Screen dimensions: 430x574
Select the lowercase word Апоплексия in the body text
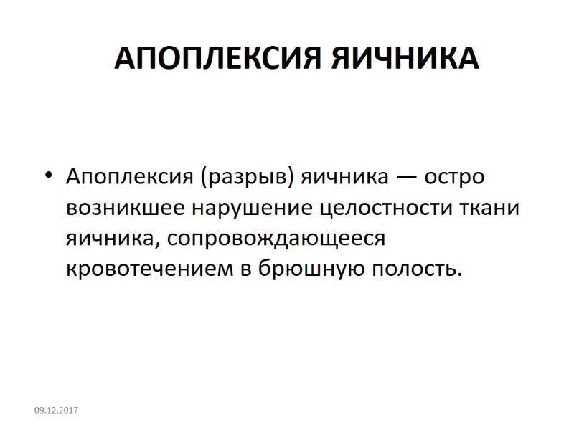pyautogui.click(x=128, y=176)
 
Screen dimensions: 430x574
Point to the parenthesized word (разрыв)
pyautogui.click(x=243, y=176)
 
